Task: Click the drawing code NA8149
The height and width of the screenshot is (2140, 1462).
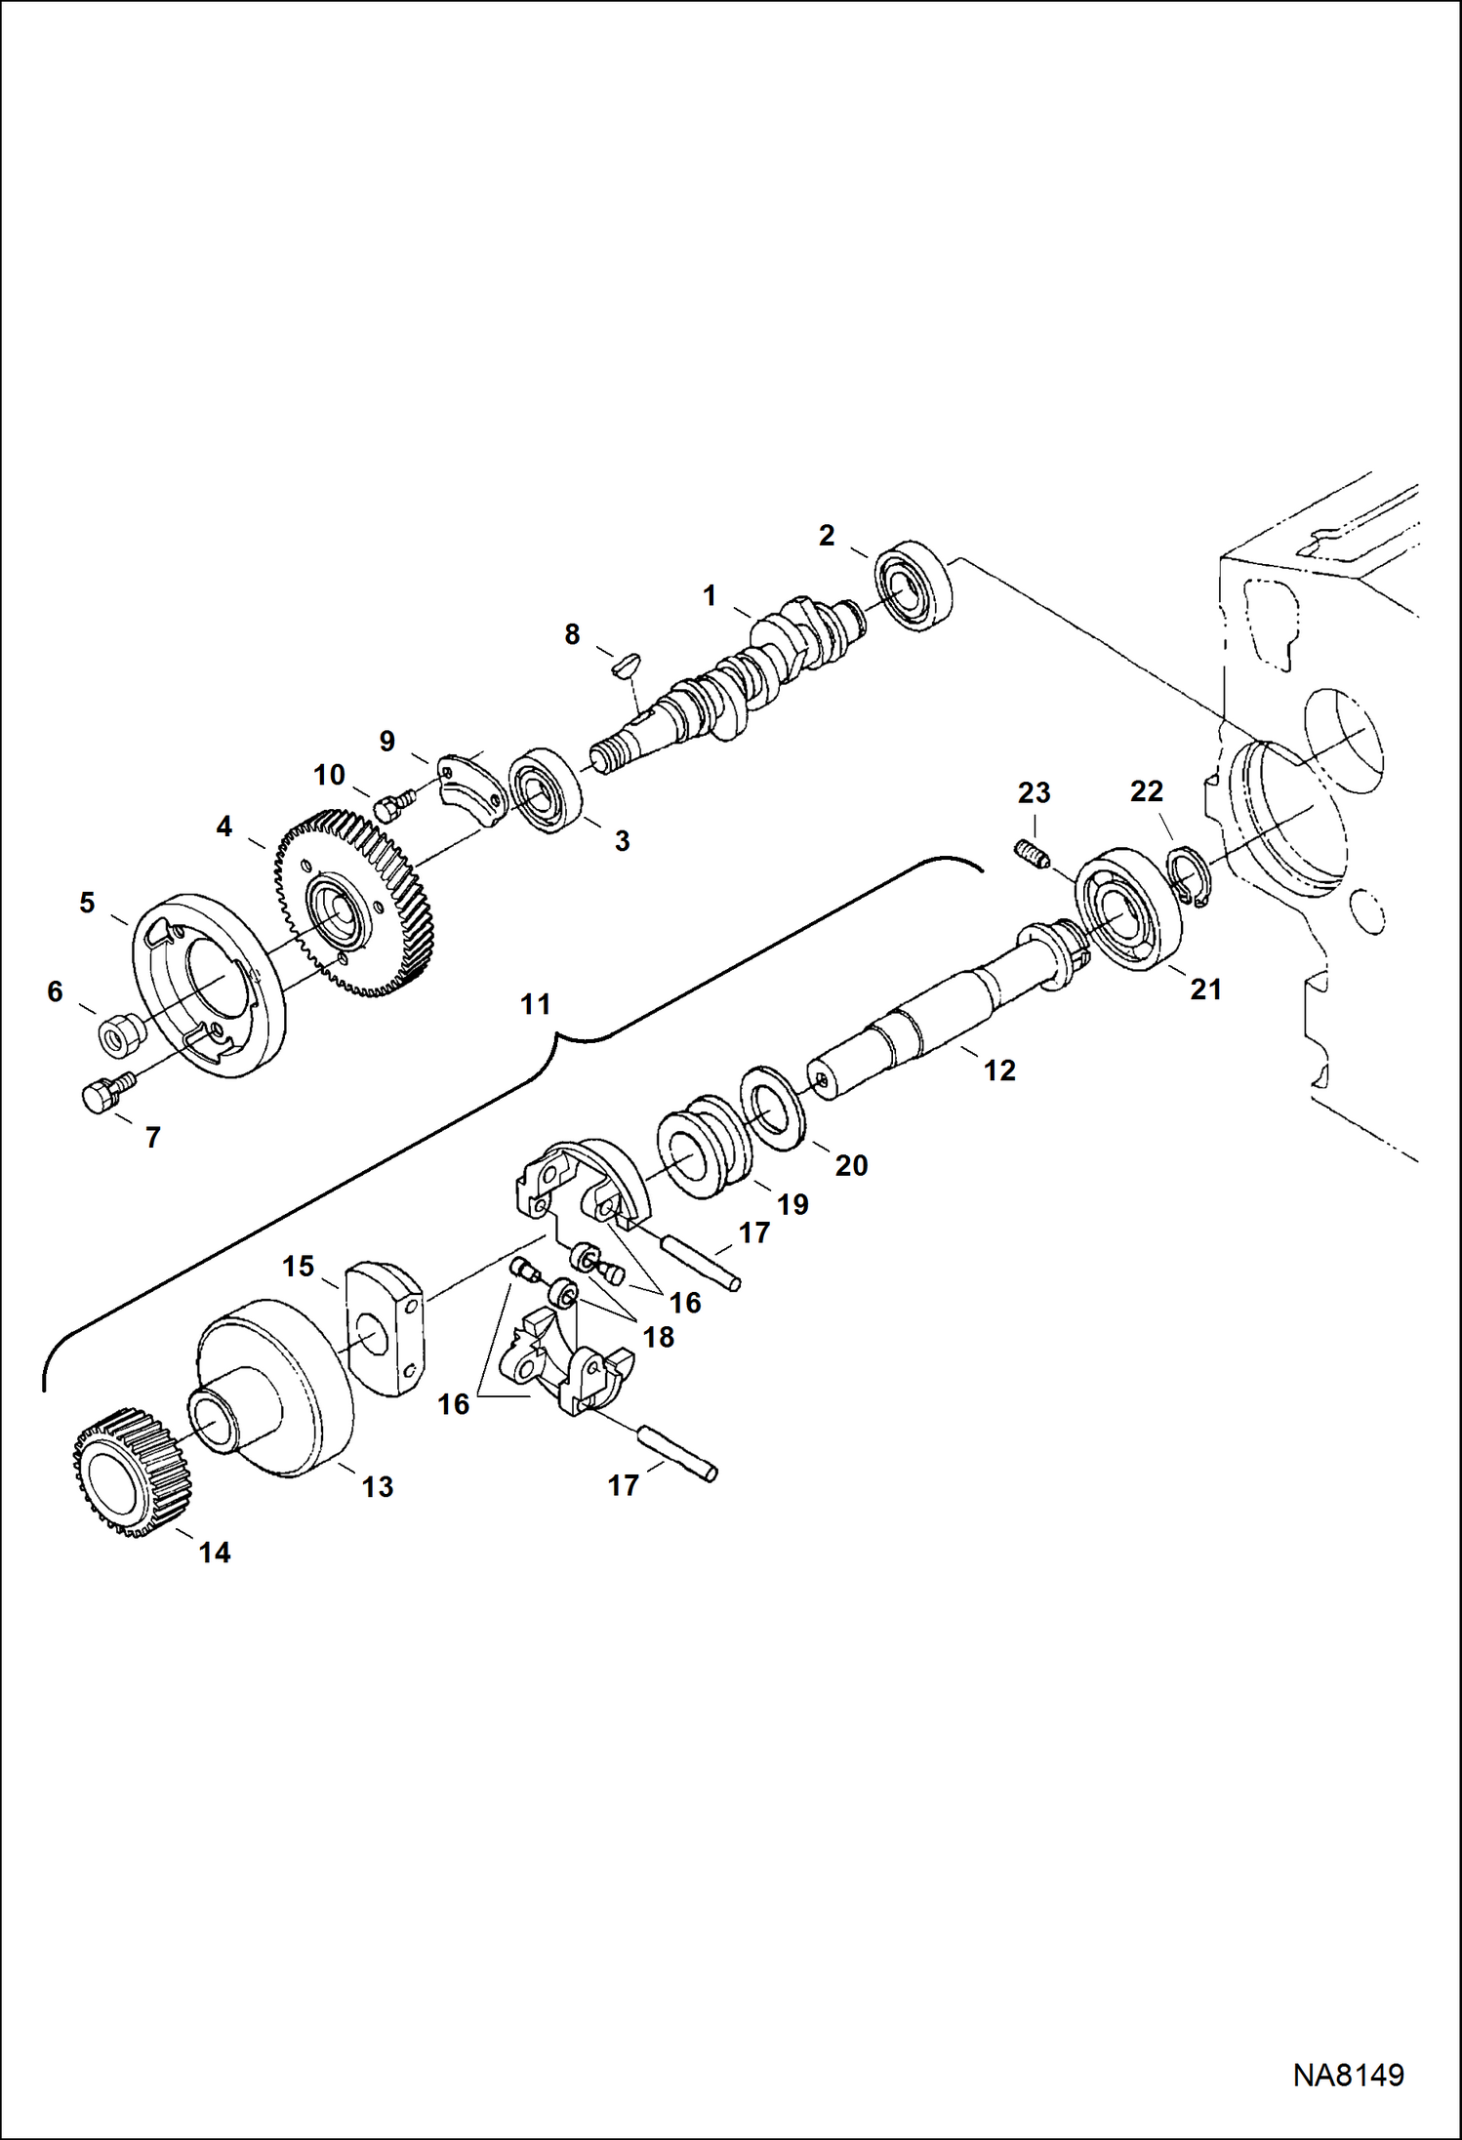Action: tap(1348, 2076)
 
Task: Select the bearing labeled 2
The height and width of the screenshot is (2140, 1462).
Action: tap(914, 585)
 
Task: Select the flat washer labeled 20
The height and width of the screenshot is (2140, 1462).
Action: tap(773, 1109)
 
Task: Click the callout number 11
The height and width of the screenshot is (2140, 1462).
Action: tap(535, 1004)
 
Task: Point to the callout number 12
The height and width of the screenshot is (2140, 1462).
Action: tap(999, 1070)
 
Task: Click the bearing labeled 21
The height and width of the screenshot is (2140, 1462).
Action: tap(1128, 909)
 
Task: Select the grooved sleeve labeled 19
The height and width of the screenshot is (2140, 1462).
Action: tap(704, 1148)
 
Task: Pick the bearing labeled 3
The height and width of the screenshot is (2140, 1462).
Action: tap(546, 790)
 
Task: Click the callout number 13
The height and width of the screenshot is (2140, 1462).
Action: tap(377, 1486)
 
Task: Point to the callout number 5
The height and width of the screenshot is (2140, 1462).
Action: tap(87, 903)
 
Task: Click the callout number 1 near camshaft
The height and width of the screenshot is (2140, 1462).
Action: tap(710, 595)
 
